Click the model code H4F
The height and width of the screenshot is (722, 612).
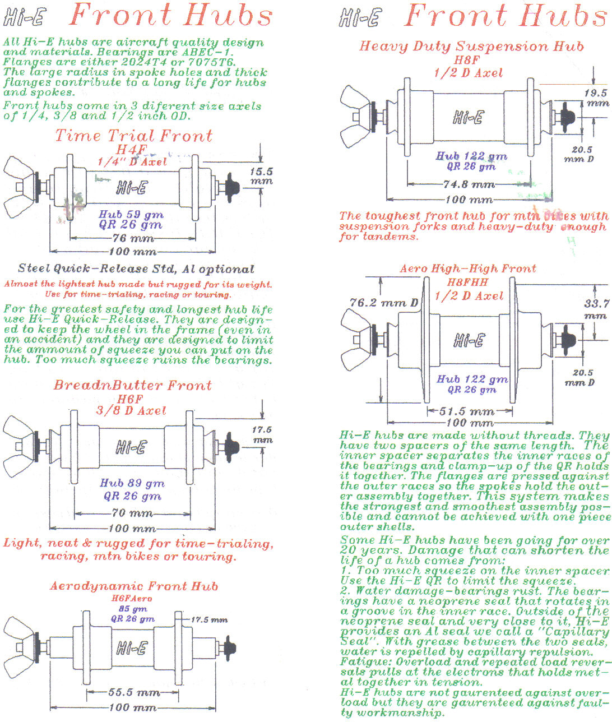click(131, 150)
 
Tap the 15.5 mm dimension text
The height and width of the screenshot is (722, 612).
click(261, 176)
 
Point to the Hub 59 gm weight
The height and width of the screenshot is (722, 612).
click(131, 214)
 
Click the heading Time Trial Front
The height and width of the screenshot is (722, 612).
click(133, 136)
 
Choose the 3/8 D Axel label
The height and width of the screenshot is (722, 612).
click(131, 410)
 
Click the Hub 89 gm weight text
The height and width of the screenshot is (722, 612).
click(132, 483)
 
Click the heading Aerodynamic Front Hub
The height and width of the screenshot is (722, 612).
click(133, 586)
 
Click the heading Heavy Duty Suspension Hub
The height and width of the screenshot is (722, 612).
click(471, 46)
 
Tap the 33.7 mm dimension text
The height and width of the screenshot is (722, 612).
click(596, 309)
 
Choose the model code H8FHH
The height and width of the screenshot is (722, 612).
click(467, 282)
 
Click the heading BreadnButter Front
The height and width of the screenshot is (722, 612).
click(132, 386)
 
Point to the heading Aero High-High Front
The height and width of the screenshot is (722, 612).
click(467, 269)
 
